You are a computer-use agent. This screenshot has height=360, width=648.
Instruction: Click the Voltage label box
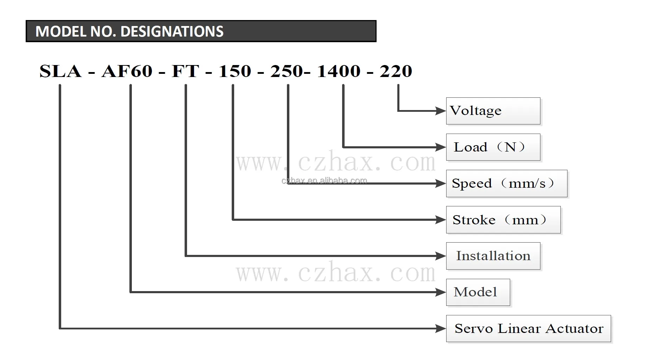click(493, 111)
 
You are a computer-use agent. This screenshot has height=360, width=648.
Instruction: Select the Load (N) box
click(493, 147)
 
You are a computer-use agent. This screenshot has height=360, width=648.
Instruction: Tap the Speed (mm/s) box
click(506, 184)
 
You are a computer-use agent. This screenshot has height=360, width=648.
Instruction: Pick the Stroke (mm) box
click(503, 220)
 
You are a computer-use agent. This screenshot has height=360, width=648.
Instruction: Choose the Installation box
click(493, 256)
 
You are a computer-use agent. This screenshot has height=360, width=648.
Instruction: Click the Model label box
click(478, 292)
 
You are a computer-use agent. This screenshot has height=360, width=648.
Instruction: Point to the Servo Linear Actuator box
click(528, 328)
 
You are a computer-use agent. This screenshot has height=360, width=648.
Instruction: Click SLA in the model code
click(60, 71)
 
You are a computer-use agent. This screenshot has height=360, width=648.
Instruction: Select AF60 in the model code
click(127, 71)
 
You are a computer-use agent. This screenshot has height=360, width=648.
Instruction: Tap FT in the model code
click(185, 71)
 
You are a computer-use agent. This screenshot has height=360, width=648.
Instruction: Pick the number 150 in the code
click(235, 71)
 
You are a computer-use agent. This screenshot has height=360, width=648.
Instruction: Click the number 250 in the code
click(286, 71)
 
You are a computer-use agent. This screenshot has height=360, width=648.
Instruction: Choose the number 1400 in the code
click(339, 71)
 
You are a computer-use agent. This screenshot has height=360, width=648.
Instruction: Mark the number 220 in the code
click(396, 71)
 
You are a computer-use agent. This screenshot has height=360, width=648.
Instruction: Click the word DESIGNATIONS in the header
click(172, 32)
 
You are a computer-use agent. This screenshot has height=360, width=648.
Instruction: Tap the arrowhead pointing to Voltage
click(441, 111)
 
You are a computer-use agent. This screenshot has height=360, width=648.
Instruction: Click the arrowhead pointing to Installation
click(441, 256)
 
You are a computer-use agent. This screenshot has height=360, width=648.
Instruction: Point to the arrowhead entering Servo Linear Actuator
click(441, 328)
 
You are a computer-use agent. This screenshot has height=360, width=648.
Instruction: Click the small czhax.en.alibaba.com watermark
click(324, 181)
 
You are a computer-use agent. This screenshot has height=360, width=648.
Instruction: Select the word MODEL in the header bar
click(61, 32)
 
